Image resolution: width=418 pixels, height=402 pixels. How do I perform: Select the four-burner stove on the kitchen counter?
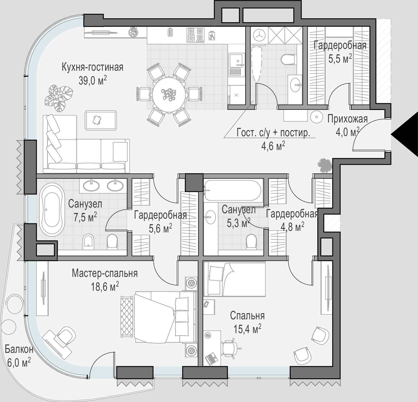pos(195,35)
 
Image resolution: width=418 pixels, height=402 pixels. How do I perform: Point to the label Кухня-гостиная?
pos(92,68)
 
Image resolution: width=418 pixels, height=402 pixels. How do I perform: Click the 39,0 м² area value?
pos(93,81)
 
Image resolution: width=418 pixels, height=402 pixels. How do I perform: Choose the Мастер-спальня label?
pos(105,274)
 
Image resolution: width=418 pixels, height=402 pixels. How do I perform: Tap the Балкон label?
pos(19,349)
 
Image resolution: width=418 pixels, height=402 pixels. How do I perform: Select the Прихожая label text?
pos(347,119)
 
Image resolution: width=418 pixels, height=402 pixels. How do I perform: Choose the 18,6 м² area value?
pos(105,287)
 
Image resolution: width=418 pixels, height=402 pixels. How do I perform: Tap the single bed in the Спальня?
pos(235,279)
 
